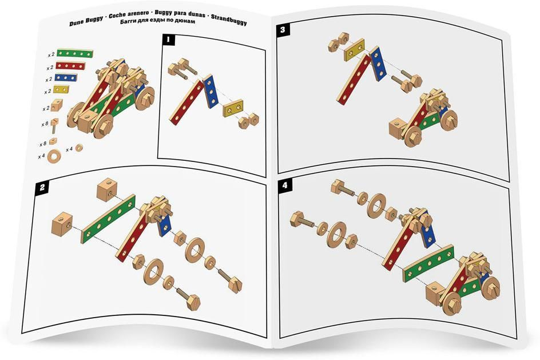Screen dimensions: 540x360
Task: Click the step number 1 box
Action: pos(168,39)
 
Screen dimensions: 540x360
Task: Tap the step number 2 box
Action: pos(42,188)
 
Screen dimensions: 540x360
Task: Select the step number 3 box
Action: pos(283,30)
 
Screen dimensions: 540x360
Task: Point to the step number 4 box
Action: pos(284,185)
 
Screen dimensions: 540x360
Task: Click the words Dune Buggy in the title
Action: pos(86,21)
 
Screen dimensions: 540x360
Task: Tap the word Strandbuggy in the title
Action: pos(229,19)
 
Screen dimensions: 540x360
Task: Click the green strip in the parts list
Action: pos(75,53)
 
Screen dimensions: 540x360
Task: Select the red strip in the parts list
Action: pos(70,65)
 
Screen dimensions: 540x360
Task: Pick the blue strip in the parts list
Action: pos(65,77)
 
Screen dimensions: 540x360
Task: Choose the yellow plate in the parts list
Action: pos(61,89)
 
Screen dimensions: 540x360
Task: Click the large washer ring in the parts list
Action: pos(54,156)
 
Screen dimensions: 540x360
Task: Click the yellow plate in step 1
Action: pos(233,108)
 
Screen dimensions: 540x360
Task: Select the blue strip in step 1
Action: pos(211,91)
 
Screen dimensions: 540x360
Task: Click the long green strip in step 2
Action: pos(108,219)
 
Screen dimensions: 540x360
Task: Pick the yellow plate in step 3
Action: pos(355,50)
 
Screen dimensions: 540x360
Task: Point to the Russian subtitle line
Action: pos(157,21)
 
